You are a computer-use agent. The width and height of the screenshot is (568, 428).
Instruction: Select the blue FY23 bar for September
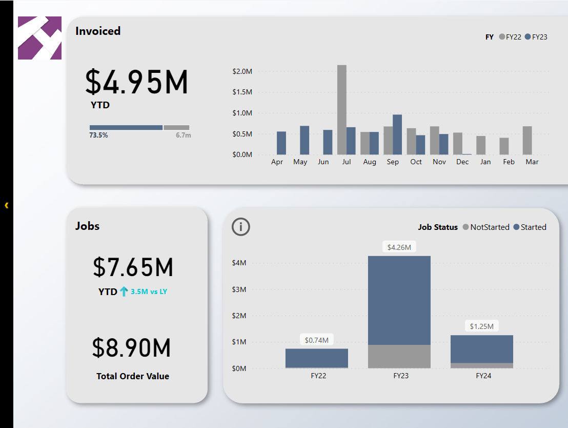(x=397, y=134)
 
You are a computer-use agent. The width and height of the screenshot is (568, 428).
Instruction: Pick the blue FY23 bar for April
(x=281, y=143)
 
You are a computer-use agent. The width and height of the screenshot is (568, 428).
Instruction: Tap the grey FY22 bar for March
(x=528, y=141)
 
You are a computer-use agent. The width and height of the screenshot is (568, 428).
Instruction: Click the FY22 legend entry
(x=510, y=37)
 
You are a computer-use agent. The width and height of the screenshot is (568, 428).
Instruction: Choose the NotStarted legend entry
(x=486, y=227)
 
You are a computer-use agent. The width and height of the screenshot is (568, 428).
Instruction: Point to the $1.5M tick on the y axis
(x=242, y=92)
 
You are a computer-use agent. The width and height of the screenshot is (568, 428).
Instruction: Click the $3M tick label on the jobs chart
(x=239, y=289)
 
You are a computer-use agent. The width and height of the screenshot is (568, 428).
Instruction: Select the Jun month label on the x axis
(x=323, y=162)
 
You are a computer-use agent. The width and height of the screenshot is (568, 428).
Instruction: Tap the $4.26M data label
(x=399, y=247)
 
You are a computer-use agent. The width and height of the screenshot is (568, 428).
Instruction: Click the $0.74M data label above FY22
(x=316, y=340)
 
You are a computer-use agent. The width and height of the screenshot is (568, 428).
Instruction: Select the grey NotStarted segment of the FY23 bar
(x=399, y=356)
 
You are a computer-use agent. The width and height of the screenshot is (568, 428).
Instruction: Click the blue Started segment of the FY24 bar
(x=481, y=349)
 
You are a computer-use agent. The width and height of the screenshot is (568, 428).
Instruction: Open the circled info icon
(x=240, y=227)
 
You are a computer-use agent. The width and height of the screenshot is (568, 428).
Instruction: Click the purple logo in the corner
(x=39, y=38)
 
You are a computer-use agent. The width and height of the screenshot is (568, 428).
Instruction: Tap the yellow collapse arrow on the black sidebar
(x=7, y=205)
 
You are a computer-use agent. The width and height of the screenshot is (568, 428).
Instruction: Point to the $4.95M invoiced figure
(x=136, y=82)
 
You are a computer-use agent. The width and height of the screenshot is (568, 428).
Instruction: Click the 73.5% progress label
(x=98, y=135)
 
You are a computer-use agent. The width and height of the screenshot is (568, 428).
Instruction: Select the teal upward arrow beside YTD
(x=124, y=291)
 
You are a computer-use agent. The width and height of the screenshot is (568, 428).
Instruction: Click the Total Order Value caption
(x=133, y=376)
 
